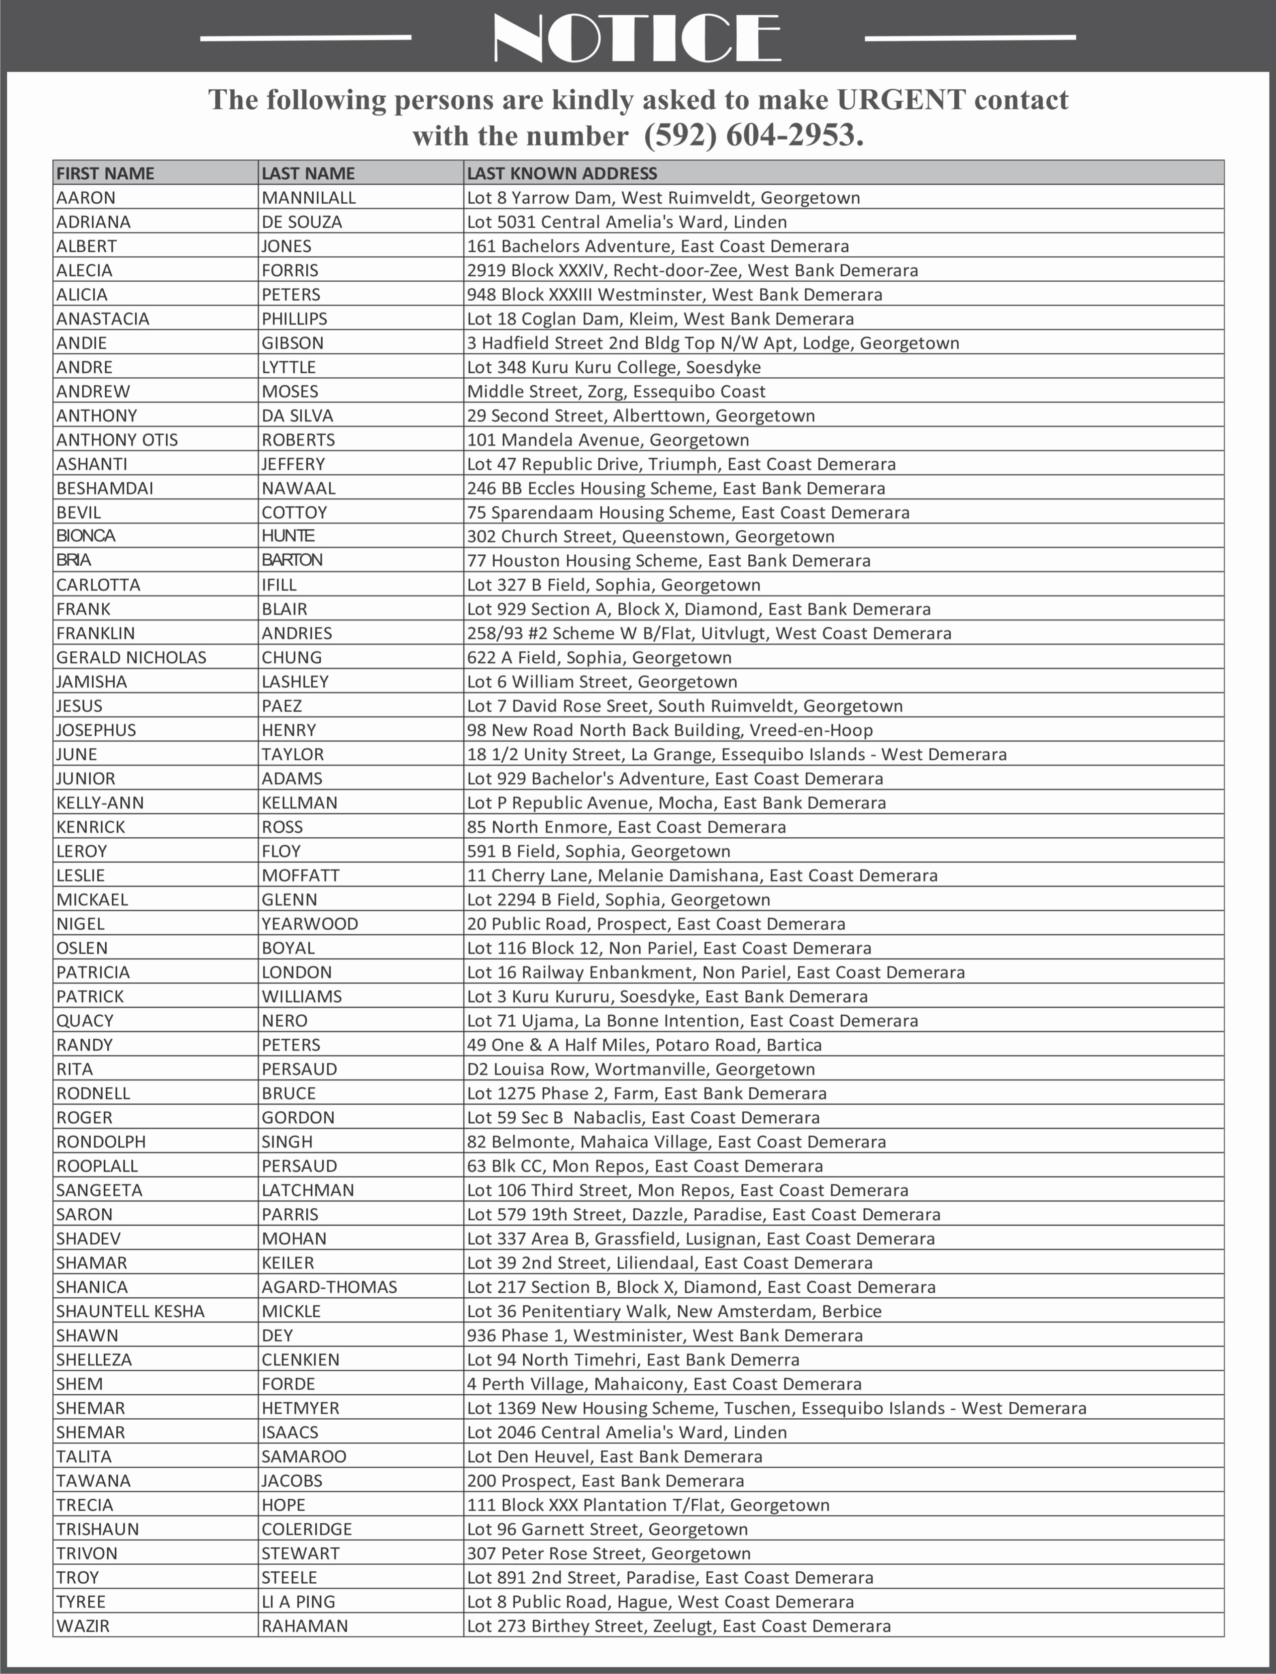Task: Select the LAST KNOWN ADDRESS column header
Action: click(562, 173)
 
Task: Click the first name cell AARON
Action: click(86, 197)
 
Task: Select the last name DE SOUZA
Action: click(301, 221)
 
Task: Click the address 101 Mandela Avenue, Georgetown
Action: click(608, 440)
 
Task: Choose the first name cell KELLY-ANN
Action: click(100, 803)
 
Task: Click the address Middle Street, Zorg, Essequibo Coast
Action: click(616, 391)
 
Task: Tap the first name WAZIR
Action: click(83, 1625)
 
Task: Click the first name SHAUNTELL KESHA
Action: click(130, 1311)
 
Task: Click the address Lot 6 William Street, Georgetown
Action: click(602, 682)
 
